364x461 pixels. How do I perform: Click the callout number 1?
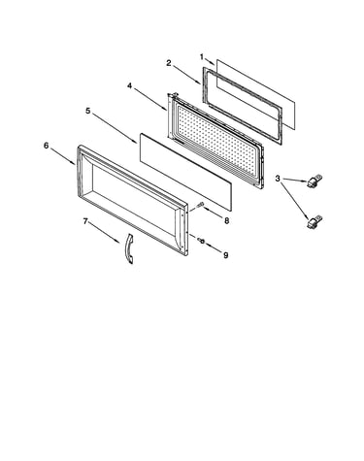pyautogui.click(x=202, y=57)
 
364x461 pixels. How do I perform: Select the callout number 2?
pyautogui.click(x=169, y=63)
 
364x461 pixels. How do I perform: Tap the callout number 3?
pyautogui.click(x=278, y=179)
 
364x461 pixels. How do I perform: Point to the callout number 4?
pyautogui.click(x=129, y=85)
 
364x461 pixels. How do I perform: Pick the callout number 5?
pyautogui.click(x=88, y=111)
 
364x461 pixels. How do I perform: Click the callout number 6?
pyautogui.click(x=47, y=146)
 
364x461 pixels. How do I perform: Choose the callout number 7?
pyautogui.click(x=85, y=221)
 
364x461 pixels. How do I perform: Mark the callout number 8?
pyautogui.click(x=226, y=220)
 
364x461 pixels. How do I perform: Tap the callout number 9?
pyautogui.click(x=225, y=255)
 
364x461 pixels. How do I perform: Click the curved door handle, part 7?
pyautogui.click(x=130, y=249)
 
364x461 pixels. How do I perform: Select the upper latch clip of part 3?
pyautogui.click(x=314, y=181)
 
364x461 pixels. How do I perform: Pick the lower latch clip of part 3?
pyautogui.click(x=314, y=221)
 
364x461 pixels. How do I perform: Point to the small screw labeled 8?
pyautogui.click(x=200, y=205)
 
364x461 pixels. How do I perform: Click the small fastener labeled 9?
pyautogui.click(x=201, y=240)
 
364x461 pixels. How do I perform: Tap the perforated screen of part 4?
pyautogui.click(x=216, y=139)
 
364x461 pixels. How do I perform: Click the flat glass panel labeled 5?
pyautogui.click(x=186, y=172)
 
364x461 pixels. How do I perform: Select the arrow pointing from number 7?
pyautogui.click(x=104, y=232)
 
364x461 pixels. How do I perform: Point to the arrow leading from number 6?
pyautogui.click(x=62, y=156)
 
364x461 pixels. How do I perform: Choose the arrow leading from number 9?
pyautogui.click(x=214, y=247)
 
